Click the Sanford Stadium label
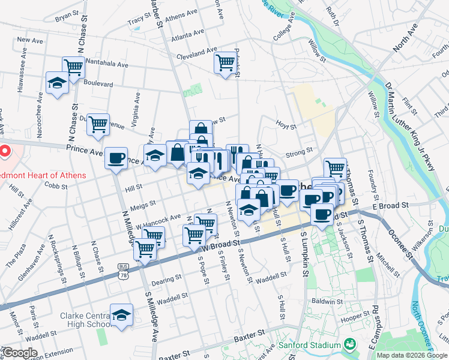pyautogui.click(x=310, y=346)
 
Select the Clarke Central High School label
pyautogui.click(x=83, y=321)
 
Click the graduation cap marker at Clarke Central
pyautogui.click(x=121, y=315)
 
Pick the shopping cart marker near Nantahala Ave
pyautogui.click(x=73, y=67)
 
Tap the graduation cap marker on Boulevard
pyautogui.click(x=57, y=83)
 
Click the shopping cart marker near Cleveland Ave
pyautogui.click(x=225, y=62)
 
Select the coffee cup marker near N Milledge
pyautogui.click(x=116, y=158)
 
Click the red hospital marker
pyautogui.click(x=4, y=151)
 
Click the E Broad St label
pyautogui.click(x=390, y=205)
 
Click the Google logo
pyautogui.click(x=20, y=353)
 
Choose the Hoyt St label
pyautogui.click(x=286, y=127)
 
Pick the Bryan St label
pyautogui.click(x=67, y=16)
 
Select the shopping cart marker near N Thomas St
pyautogui.click(x=335, y=169)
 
